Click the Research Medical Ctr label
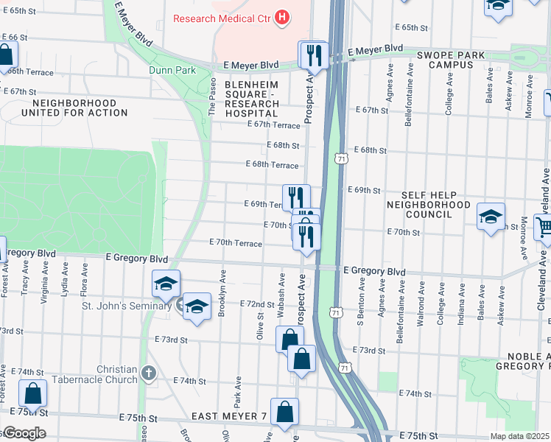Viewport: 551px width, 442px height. click(220, 18)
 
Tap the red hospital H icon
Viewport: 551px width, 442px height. click(281, 18)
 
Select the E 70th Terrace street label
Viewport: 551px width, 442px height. click(236, 242)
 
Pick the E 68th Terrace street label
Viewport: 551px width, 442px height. click(272, 164)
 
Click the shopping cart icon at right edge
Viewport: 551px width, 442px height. click(544, 230)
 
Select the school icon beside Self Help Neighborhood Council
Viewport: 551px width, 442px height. click(491, 217)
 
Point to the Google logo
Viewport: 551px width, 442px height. click(24, 433)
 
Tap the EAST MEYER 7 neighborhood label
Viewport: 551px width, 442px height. click(229, 417)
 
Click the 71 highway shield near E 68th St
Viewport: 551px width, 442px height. click(340, 158)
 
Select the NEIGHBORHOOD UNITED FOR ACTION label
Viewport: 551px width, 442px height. click(74, 108)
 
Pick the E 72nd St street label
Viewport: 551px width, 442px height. click(257, 304)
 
